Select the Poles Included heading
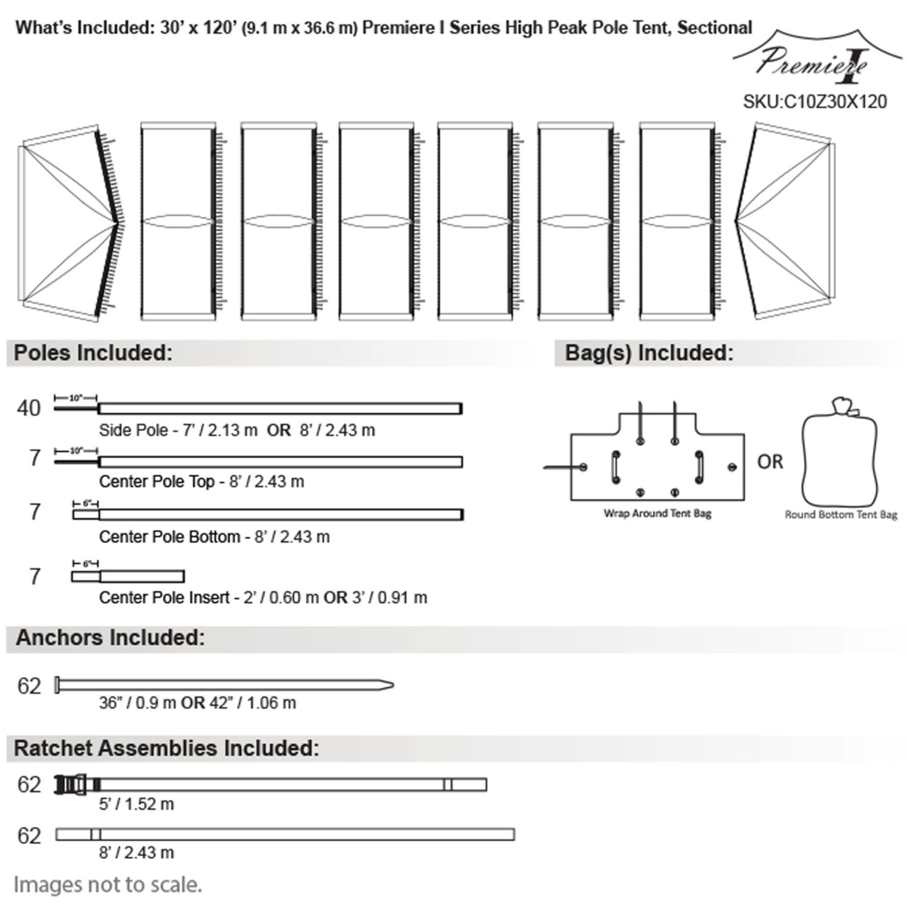pyautogui.click(x=93, y=353)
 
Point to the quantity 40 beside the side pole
pyautogui.click(x=29, y=409)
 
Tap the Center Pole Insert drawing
pyautogui.click(x=128, y=576)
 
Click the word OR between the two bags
pyautogui.click(x=770, y=463)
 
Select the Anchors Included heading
pyautogui.click(x=110, y=638)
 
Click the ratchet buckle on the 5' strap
pyautogui.click(x=71, y=785)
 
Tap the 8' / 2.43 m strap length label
pyautogui.click(x=136, y=852)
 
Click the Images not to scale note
pyautogui.click(x=107, y=884)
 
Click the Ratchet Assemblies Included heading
pyautogui.click(x=166, y=748)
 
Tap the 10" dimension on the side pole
pyautogui.click(x=76, y=398)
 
